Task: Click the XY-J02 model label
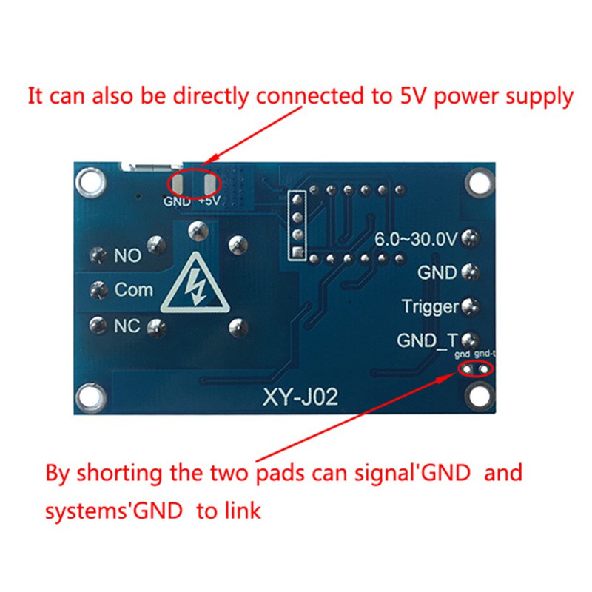click(x=300, y=399)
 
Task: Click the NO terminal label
click(x=127, y=257)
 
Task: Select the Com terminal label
click(x=133, y=290)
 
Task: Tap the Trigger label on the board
click(x=430, y=306)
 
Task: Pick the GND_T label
click(x=427, y=340)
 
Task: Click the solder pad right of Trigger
click(x=468, y=306)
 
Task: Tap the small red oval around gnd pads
click(x=475, y=369)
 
